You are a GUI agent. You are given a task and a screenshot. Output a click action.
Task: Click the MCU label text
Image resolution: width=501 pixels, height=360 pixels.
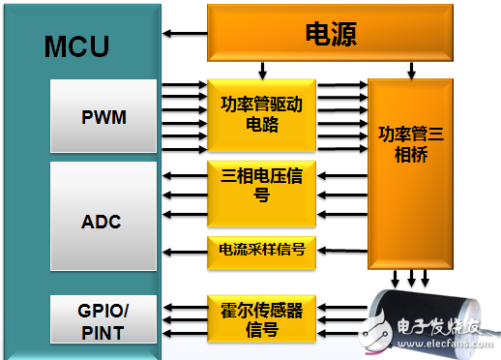[75, 46]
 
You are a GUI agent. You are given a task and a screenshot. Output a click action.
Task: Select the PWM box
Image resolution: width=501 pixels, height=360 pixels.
[103, 118]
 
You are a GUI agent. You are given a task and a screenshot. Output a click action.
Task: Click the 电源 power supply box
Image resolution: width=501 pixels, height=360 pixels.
[331, 35]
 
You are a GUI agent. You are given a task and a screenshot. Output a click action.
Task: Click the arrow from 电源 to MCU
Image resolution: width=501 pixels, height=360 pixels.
[184, 35]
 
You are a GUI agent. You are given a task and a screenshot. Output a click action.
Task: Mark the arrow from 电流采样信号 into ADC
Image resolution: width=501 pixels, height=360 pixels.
[184, 250]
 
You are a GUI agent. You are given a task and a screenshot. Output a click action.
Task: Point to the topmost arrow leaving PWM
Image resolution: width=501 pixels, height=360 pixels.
[184, 85]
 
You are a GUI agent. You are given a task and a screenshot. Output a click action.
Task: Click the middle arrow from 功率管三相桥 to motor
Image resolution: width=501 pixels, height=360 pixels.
[411, 279]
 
